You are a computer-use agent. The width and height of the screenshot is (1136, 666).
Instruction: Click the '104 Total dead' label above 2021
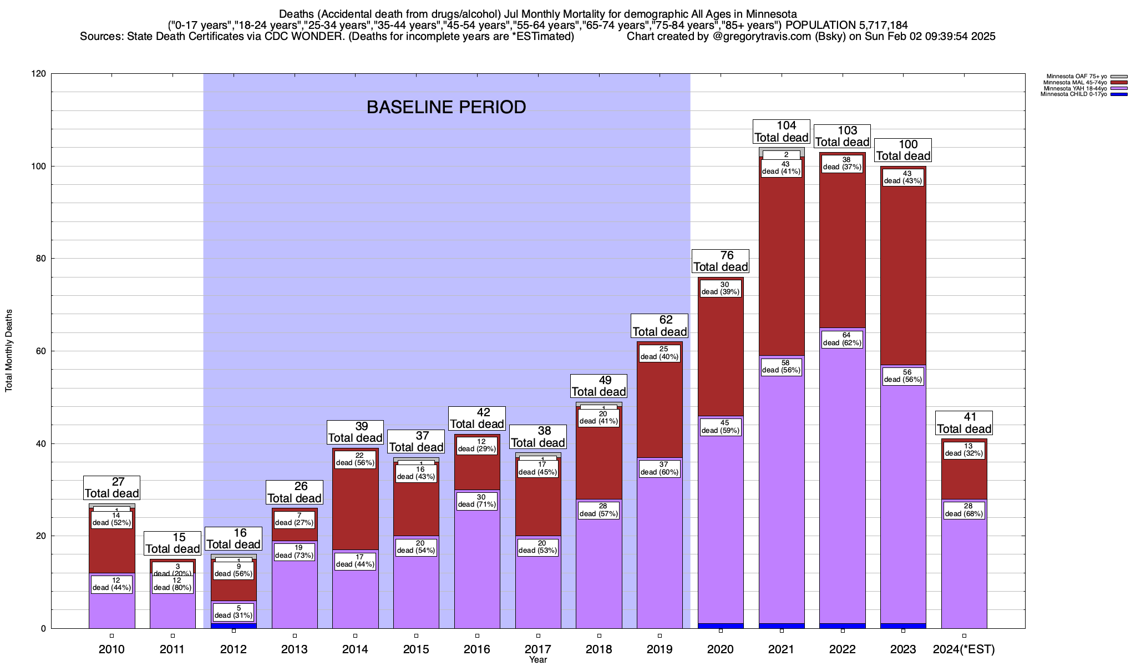click(781, 132)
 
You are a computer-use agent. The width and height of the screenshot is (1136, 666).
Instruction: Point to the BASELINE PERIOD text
click(446, 107)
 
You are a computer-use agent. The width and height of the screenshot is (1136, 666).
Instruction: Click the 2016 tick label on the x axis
click(477, 649)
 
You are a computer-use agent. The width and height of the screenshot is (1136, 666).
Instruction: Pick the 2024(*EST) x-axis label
click(964, 649)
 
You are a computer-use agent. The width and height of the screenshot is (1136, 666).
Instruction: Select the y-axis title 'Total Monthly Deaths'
click(9, 351)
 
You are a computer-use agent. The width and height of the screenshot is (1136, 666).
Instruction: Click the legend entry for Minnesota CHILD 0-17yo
click(1073, 94)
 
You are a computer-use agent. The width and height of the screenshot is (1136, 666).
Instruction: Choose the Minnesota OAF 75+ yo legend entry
click(1076, 76)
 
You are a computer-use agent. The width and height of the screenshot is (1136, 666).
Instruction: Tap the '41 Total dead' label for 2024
click(964, 423)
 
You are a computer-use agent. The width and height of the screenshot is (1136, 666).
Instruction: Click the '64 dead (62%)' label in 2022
click(842, 339)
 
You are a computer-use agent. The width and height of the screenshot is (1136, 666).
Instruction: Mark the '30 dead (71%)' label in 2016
click(477, 501)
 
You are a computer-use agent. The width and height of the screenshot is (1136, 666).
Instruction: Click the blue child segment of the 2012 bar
click(234, 625)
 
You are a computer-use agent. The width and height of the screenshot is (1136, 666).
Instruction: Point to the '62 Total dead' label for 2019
click(660, 326)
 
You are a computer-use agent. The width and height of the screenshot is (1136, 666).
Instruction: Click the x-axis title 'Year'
click(537, 660)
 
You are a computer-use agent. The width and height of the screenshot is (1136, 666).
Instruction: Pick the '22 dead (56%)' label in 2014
click(356, 460)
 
